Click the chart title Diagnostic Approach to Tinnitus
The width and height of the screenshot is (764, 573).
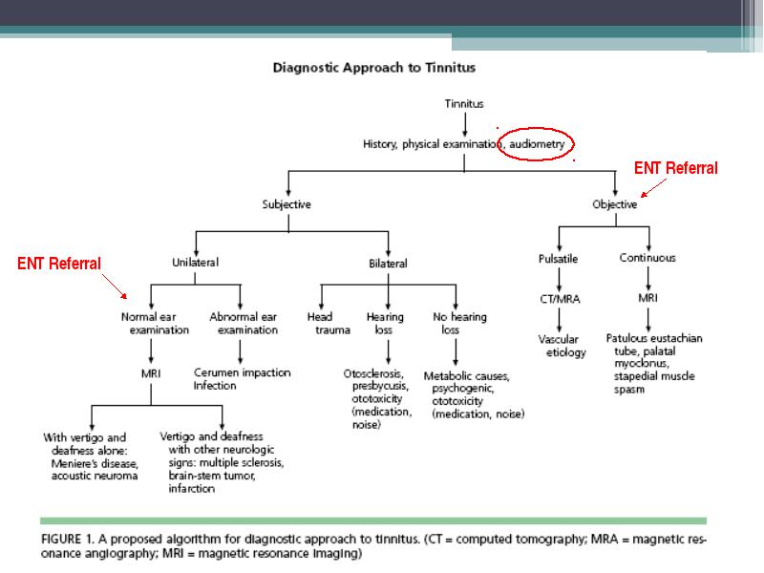pyautogui.click(x=373, y=67)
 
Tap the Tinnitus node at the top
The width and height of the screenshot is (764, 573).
pyautogui.click(x=464, y=104)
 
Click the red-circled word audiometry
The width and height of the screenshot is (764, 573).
pyautogui.click(x=537, y=144)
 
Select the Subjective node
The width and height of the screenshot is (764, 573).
pyautogui.click(x=286, y=204)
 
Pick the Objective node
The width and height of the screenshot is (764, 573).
pyautogui.click(x=614, y=204)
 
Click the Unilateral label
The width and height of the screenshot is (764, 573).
pyautogui.click(x=195, y=262)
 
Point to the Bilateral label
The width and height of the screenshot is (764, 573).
pyautogui.click(x=388, y=264)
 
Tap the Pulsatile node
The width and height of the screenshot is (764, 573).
pyautogui.click(x=558, y=259)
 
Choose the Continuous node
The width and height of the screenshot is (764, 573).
pyautogui.click(x=647, y=258)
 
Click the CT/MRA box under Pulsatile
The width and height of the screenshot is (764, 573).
pyautogui.click(x=560, y=299)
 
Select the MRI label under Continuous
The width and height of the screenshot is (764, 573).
pyautogui.click(x=647, y=298)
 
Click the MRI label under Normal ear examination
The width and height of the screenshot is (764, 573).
pyautogui.click(x=151, y=373)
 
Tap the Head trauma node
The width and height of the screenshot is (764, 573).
pyautogui.click(x=329, y=324)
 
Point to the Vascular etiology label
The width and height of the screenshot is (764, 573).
pyautogui.click(x=562, y=346)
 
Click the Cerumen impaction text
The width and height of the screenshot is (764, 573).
pyautogui.click(x=243, y=372)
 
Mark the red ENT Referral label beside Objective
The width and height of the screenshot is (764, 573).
pyautogui.click(x=676, y=168)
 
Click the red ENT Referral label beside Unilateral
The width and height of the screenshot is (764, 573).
pyautogui.click(x=59, y=264)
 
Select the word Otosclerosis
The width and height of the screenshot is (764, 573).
pyautogui.click(x=373, y=373)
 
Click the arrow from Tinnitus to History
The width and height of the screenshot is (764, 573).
pyautogui.click(x=464, y=125)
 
